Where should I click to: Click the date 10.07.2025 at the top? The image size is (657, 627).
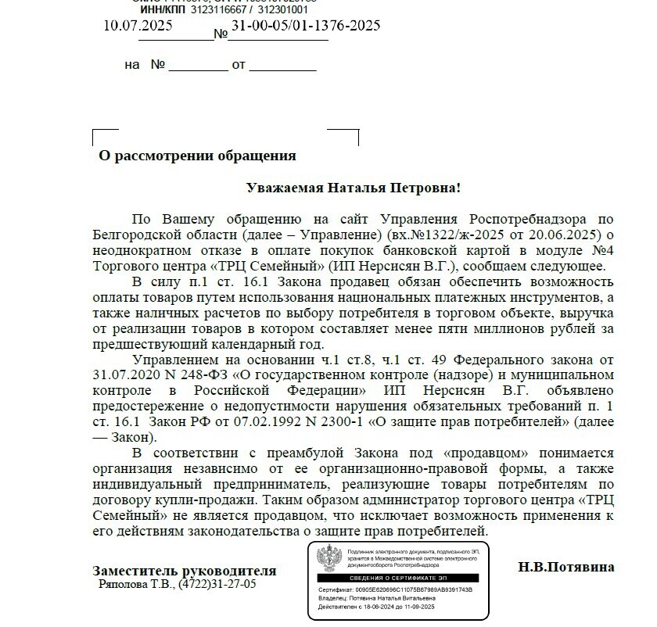pyautogui.click(x=138, y=25)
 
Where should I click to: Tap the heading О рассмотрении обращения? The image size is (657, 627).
pyautogui.click(x=197, y=156)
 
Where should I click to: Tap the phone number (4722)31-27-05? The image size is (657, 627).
pyautogui.click(x=217, y=583)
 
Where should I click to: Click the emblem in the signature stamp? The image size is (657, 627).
pyautogui.click(x=326, y=559)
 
